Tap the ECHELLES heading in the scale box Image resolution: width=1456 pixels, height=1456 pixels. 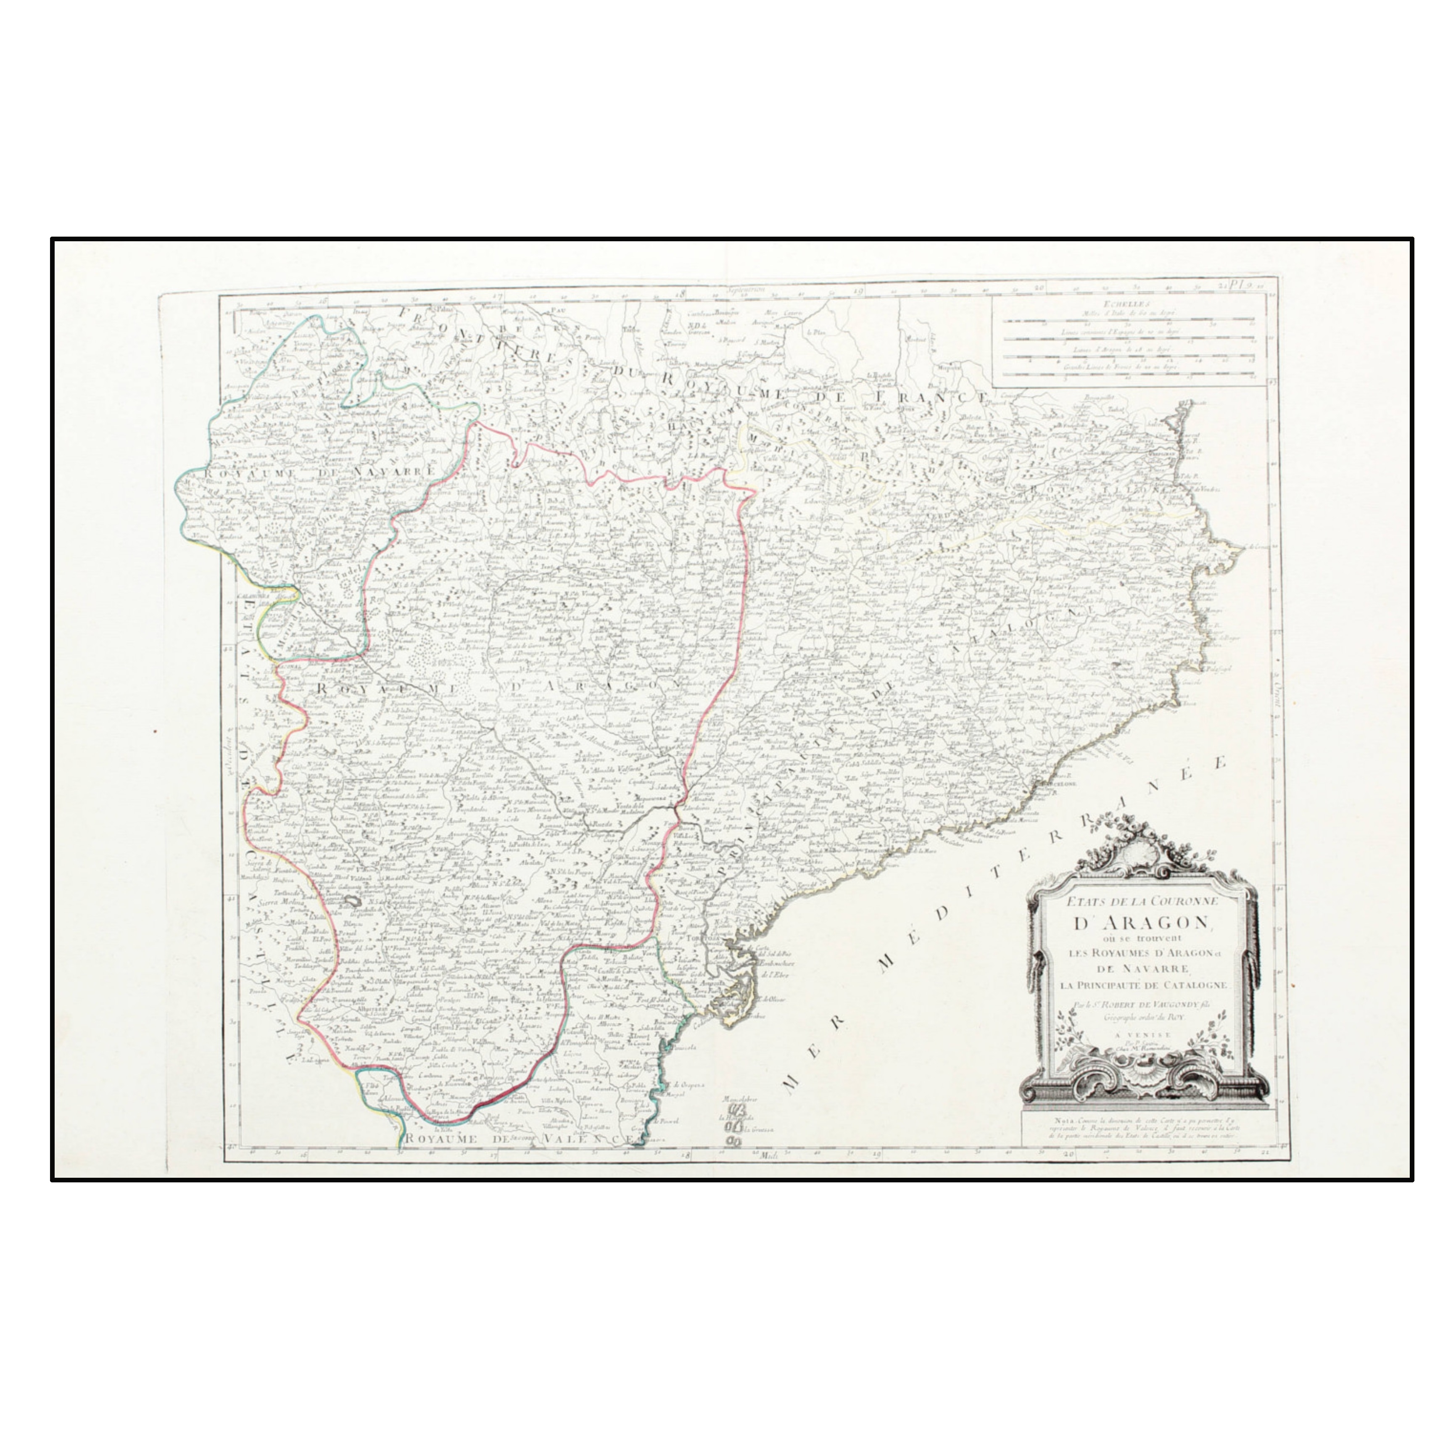(x=1123, y=304)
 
